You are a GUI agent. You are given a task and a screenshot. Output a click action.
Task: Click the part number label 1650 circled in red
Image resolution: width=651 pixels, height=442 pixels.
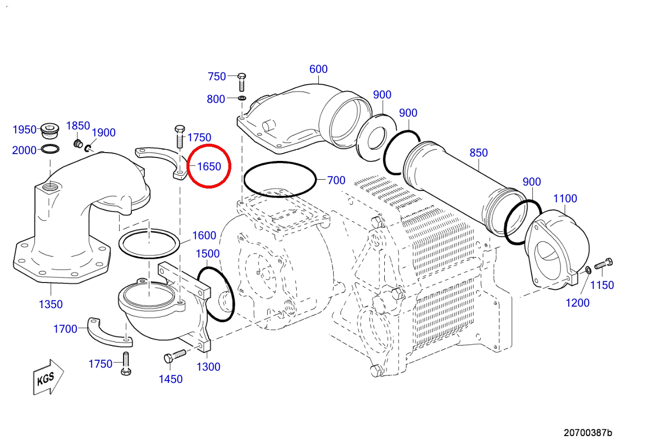coord(209,167)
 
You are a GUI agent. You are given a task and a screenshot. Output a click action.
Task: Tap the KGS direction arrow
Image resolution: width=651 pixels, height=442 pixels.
coord(48,377)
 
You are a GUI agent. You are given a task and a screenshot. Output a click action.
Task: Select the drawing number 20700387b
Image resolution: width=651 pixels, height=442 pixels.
coord(588,433)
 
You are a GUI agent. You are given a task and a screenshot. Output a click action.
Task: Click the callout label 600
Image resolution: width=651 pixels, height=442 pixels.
coord(318,69)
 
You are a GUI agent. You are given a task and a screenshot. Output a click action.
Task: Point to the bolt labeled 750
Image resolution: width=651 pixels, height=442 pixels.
coord(242,82)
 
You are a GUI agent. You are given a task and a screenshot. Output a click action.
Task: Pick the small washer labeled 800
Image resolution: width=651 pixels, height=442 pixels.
coord(242,98)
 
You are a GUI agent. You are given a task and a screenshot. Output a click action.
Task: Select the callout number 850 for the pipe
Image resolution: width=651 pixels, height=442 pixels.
coord(478,153)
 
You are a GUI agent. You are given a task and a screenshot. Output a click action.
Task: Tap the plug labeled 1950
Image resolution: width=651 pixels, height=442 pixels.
coord(50,131)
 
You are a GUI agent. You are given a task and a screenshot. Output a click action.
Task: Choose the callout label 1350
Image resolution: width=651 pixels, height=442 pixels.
coord(51,305)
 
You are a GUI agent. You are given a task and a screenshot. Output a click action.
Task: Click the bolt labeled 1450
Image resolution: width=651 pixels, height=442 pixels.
coord(175,356)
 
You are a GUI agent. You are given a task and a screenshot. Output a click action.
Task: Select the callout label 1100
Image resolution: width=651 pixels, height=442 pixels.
coord(565,199)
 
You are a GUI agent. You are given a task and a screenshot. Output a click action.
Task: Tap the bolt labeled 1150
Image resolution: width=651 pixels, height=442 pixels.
coord(603,264)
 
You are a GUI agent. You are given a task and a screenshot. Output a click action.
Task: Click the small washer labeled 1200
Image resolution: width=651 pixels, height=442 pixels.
coord(588,270)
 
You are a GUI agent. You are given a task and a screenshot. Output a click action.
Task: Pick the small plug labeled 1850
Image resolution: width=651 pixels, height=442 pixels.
coord(78,143)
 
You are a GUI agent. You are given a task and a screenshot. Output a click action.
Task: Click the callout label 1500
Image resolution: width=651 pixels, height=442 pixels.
coord(208,254)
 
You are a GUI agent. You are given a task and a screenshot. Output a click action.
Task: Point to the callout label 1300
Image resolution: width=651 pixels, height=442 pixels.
coord(208,367)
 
